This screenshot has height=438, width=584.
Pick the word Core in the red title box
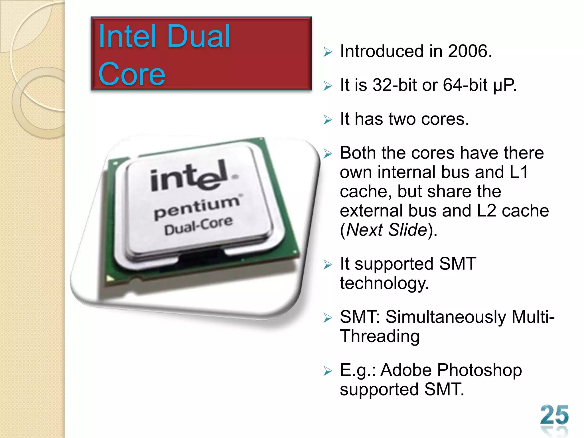(132, 74)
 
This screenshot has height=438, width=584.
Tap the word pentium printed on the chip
(197, 207)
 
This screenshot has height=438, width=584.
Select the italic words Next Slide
(387, 230)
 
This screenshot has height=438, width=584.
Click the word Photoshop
(479, 370)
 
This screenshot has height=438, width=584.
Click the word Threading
(380, 336)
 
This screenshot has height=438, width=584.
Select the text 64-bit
(465, 85)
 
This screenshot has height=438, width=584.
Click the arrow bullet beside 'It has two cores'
(328, 119)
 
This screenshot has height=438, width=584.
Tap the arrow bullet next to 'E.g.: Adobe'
(328, 371)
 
